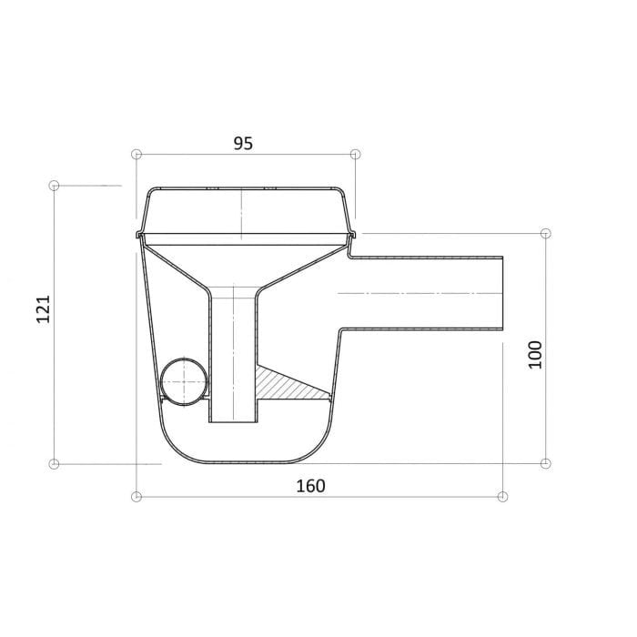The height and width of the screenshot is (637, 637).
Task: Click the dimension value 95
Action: [243, 144]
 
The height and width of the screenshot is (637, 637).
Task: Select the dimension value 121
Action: [43, 309]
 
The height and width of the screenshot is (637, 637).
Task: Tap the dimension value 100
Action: [535, 355]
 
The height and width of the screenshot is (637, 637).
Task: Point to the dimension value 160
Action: [311, 486]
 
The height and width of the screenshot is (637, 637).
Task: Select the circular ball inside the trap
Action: [184, 381]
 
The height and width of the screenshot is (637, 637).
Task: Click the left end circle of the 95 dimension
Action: [136, 154]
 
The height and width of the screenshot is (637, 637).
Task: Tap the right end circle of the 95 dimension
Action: [356, 154]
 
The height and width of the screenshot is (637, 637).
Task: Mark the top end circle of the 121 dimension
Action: [54, 186]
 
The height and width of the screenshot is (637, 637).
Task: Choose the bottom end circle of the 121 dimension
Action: [54, 463]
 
